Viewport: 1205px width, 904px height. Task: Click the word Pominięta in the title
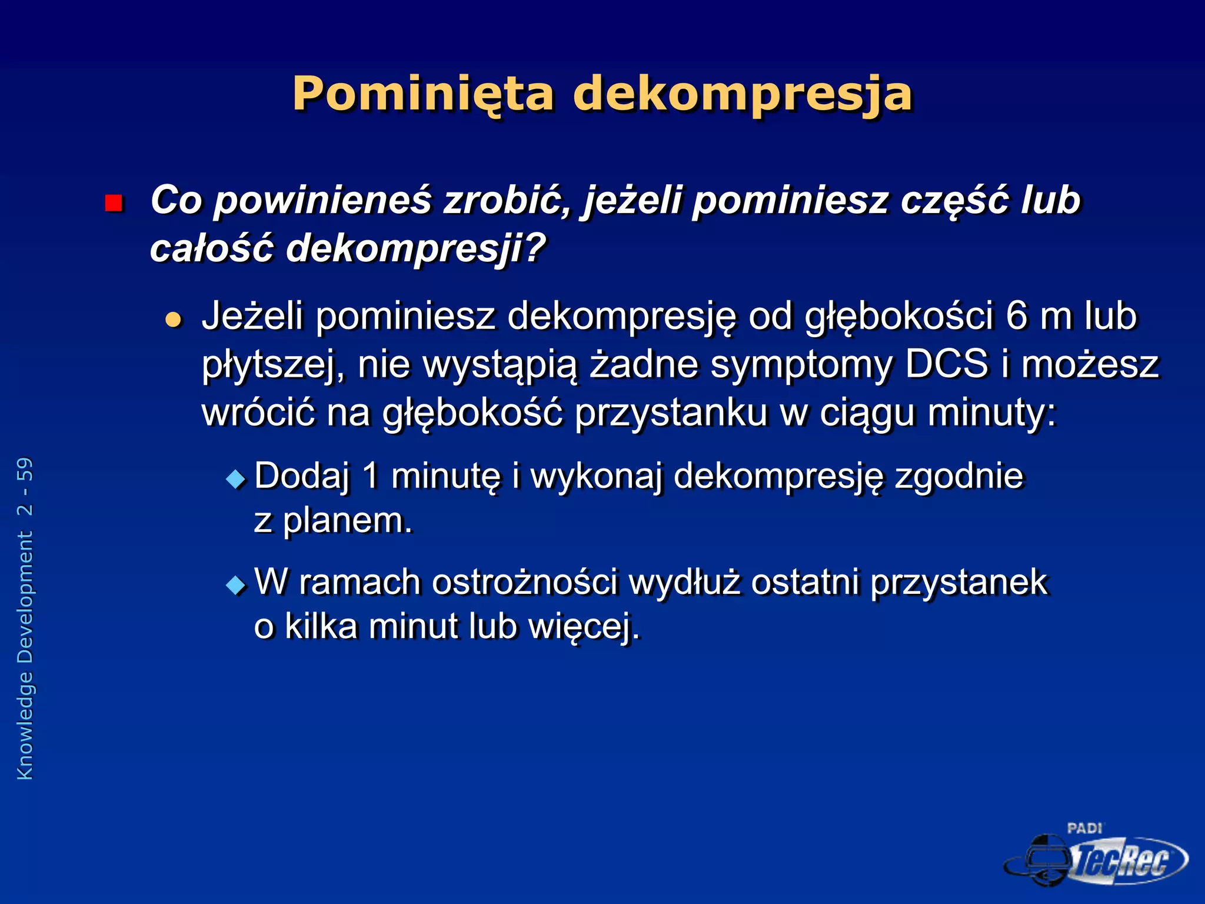click(422, 94)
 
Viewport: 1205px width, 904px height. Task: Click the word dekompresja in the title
click(743, 94)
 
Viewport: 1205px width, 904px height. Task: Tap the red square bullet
click(113, 203)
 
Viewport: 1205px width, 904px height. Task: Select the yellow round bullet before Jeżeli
click(173, 320)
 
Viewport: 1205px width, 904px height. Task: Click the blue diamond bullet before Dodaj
click(236, 478)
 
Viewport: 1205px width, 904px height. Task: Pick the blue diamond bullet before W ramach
click(236, 584)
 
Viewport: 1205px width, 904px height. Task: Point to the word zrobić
click(507, 201)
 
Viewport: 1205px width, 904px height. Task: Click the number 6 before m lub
click(1016, 316)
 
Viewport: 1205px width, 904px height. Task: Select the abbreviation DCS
click(946, 364)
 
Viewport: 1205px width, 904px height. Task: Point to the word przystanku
click(671, 413)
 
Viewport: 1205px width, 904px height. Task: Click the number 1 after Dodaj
click(371, 476)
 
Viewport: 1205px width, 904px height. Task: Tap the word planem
click(348, 521)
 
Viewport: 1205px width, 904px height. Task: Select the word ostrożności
click(525, 583)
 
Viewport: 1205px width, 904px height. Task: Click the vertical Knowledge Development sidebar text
click(25, 619)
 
